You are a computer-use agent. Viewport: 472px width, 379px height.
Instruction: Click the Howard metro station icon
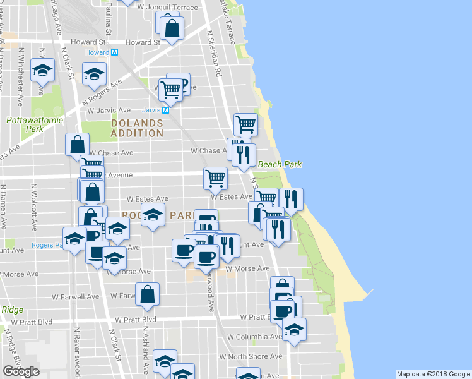[114, 52]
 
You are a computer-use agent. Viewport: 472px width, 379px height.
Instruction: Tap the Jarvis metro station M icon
[165, 109]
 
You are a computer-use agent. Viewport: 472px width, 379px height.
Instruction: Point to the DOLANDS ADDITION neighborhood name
[137, 128]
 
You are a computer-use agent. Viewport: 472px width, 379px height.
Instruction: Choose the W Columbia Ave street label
[255, 337]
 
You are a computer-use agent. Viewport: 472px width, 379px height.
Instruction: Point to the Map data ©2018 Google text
[433, 374]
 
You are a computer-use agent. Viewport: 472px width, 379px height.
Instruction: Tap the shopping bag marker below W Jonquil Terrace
[172, 28]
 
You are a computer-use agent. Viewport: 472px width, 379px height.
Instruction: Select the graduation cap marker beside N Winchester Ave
[43, 70]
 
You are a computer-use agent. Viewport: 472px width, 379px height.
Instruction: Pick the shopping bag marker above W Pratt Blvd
[147, 294]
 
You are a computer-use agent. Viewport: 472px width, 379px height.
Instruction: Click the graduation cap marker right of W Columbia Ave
[294, 329]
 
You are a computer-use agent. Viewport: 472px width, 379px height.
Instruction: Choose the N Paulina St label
[109, 19]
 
